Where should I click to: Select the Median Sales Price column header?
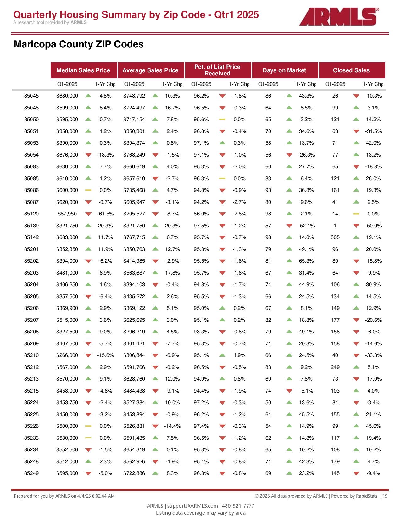click(x=83, y=70)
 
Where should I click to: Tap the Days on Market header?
click(x=284, y=70)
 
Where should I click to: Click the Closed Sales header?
click(x=351, y=70)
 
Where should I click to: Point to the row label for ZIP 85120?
click(x=31, y=214)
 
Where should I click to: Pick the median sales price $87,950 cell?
click(x=67, y=214)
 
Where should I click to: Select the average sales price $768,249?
click(x=134, y=155)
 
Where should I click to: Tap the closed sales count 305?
click(x=335, y=237)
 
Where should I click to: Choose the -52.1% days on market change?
click(x=306, y=226)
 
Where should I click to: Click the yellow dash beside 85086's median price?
click(x=88, y=190)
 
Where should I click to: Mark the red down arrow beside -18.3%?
click(x=88, y=155)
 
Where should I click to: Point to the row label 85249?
click(x=31, y=473)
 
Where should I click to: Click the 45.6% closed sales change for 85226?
click(x=373, y=426)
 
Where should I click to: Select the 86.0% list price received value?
click(x=201, y=214)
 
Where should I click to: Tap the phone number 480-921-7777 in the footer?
click(x=238, y=506)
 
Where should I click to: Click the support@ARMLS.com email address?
click(x=192, y=506)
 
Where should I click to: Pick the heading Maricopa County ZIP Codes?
click(x=79, y=44)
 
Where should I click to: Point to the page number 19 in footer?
click(x=385, y=496)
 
